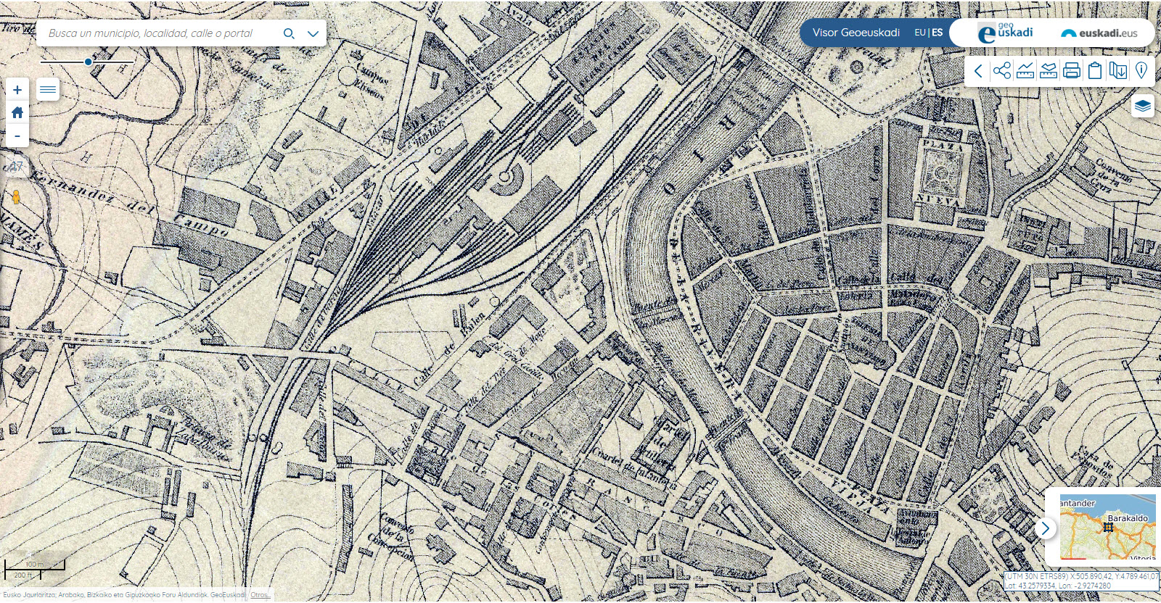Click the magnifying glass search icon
click(289, 33)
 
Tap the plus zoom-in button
click(17, 90)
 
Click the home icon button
click(17, 112)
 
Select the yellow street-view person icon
click(16, 197)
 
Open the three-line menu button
click(48, 90)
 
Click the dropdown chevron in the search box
click(313, 33)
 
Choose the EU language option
click(919, 33)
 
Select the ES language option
click(938, 33)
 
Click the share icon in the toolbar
click(1002, 70)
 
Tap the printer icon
click(1072, 70)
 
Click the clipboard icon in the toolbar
click(1095, 70)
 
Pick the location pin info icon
click(1141, 70)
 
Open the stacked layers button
click(1142, 106)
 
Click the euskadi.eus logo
click(1099, 33)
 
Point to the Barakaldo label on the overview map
click(1128, 518)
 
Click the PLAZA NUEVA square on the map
click(942, 173)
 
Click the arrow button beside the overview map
click(1045, 528)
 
